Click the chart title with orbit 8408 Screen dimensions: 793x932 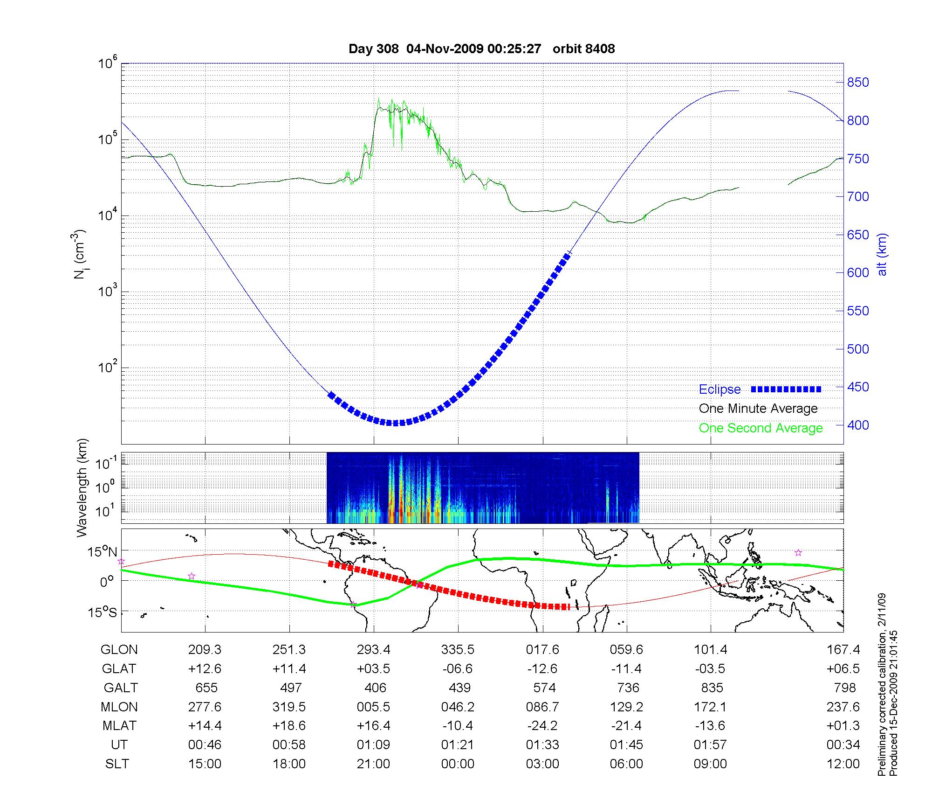click(481, 49)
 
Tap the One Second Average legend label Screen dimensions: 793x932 click(761, 428)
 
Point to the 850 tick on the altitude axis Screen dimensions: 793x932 click(858, 83)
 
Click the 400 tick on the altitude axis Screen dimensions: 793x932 click(858, 425)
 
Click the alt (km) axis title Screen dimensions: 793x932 click(882, 254)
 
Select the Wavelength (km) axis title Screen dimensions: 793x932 click(82, 487)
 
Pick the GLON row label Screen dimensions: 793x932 click(119, 650)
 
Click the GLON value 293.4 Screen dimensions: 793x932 click(373, 650)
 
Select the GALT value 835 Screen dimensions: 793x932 click(712, 688)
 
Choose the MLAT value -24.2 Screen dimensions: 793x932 click(542, 726)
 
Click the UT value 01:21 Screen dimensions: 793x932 click(458, 745)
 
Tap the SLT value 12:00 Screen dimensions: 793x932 click(843, 764)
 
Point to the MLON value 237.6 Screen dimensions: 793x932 click(843, 707)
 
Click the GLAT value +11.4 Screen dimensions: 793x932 click(289, 669)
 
